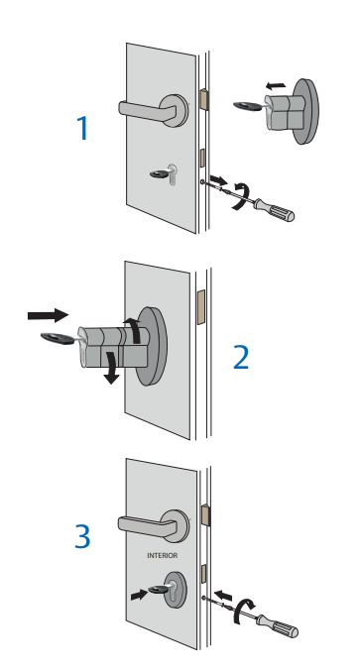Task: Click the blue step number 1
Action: click(82, 128)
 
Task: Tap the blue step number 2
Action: click(241, 358)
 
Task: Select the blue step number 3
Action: click(82, 536)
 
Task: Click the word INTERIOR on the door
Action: click(162, 555)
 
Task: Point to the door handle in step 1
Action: click(154, 109)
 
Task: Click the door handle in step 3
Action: click(154, 524)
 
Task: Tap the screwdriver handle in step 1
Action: click(275, 209)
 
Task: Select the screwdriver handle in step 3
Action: click(277, 625)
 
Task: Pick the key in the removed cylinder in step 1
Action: click(249, 105)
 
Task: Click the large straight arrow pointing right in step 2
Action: click(48, 315)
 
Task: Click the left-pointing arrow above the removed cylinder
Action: click(275, 86)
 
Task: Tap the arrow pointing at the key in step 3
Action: click(139, 595)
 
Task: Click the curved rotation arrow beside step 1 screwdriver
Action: click(241, 195)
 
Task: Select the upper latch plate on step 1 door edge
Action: click(204, 99)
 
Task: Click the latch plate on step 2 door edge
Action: click(200, 306)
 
